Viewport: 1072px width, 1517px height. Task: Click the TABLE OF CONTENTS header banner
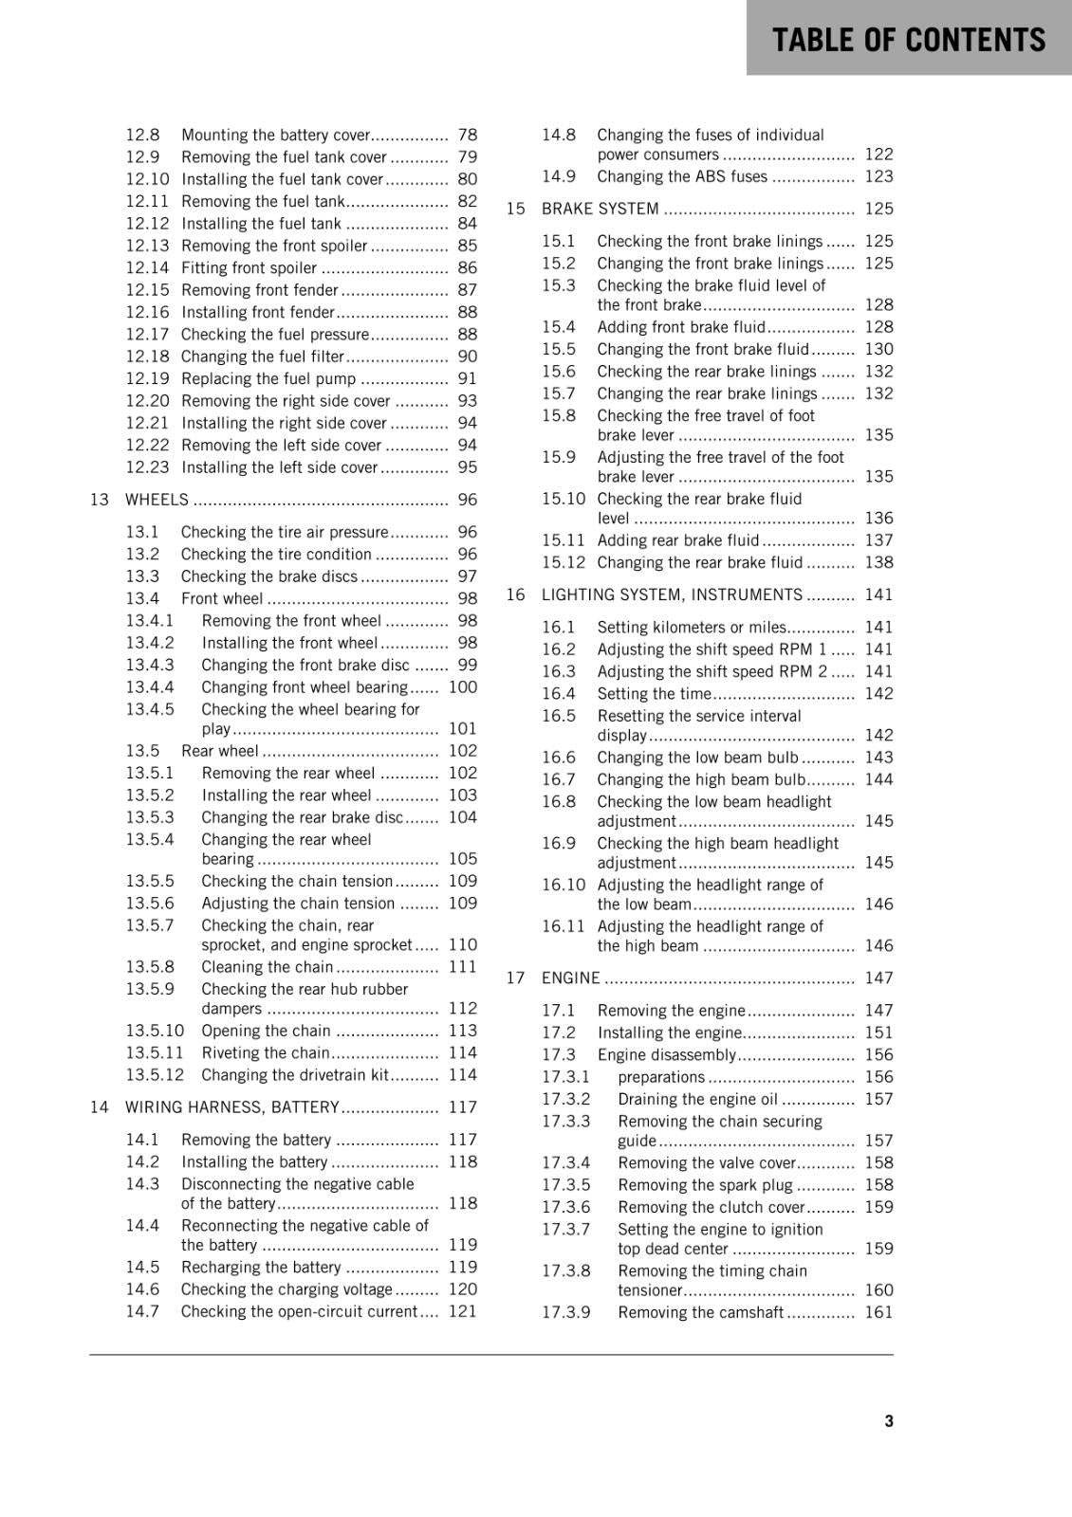pos(908,39)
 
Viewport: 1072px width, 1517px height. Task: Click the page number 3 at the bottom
pos(888,1420)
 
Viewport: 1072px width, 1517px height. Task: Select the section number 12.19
pos(147,378)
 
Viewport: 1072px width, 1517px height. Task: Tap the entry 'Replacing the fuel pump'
pos(268,378)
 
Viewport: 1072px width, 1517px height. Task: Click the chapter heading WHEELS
pos(157,500)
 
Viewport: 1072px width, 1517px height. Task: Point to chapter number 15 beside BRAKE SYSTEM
pos(515,209)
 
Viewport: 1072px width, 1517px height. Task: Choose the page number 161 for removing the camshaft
pos(878,1312)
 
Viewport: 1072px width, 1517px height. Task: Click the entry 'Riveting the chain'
pos(266,1052)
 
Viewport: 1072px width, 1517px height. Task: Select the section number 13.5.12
pos(155,1074)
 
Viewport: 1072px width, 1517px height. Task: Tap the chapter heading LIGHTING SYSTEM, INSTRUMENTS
pos(672,594)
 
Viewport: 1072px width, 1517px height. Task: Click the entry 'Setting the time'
pos(654,693)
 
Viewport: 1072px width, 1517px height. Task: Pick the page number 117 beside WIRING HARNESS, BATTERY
pos(463,1106)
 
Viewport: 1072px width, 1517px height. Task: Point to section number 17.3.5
pos(565,1184)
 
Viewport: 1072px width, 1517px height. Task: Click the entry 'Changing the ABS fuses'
pos(682,176)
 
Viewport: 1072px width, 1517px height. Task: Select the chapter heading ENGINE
pos(571,978)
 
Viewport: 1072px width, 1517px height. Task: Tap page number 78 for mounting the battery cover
pos(467,135)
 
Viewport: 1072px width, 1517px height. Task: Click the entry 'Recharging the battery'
pos(261,1267)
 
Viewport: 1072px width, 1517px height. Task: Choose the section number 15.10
pos(564,499)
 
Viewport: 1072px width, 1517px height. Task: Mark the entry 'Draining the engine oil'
pos(697,1099)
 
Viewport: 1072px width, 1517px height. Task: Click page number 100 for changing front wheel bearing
pos(463,686)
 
